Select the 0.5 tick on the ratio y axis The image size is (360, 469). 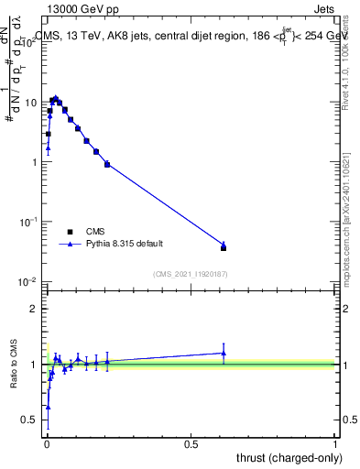32,420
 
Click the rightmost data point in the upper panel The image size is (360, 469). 224,246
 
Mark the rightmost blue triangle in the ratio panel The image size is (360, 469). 224,353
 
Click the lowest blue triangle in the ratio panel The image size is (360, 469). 48,406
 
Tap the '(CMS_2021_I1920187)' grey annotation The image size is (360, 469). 191,272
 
